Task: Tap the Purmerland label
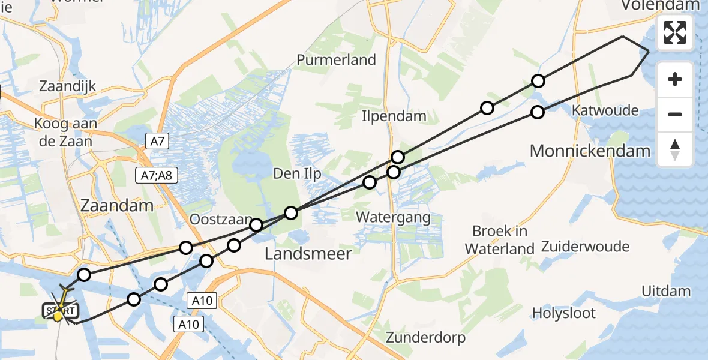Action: click(336, 60)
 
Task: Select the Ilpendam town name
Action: click(394, 116)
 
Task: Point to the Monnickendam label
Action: click(590, 151)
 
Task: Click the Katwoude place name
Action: click(605, 110)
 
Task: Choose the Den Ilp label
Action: click(297, 174)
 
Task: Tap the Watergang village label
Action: click(394, 217)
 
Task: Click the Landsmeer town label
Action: click(308, 254)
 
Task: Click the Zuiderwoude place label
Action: click(585, 247)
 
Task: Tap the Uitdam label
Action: click(666, 292)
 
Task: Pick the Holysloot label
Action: click(564, 313)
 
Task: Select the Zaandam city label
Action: click(116, 205)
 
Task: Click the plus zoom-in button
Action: click(675, 80)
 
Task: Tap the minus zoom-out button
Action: click(675, 114)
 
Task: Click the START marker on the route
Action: click(60, 311)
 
